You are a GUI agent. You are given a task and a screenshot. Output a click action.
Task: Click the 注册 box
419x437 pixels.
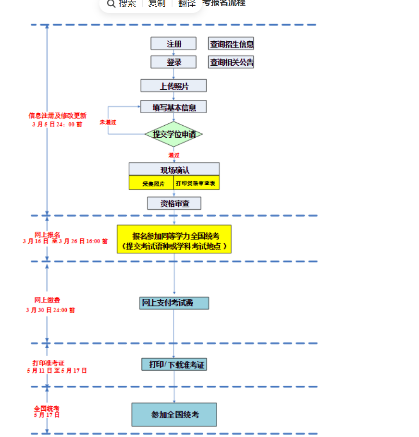(x=173, y=44)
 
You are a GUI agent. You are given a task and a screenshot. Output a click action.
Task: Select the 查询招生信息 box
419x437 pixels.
(x=231, y=44)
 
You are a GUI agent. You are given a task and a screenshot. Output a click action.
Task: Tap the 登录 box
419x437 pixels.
(x=173, y=62)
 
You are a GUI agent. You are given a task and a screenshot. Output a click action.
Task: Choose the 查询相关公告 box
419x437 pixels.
(x=231, y=62)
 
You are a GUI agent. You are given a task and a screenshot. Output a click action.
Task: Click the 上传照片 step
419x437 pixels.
(x=173, y=86)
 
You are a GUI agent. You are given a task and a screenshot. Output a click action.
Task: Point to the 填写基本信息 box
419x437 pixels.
(x=173, y=107)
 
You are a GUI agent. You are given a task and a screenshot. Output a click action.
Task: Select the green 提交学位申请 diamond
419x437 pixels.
(x=173, y=134)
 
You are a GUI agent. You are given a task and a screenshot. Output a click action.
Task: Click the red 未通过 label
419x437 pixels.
(x=108, y=122)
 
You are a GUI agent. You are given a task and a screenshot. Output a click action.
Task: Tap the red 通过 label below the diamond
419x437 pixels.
(x=173, y=155)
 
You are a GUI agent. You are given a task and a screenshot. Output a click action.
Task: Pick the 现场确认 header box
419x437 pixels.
(x=174, y=169)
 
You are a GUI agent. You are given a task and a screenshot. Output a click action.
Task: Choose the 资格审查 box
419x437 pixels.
(x=174, y=204)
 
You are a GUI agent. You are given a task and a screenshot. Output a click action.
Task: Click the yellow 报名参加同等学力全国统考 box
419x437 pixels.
(x=174, y=239)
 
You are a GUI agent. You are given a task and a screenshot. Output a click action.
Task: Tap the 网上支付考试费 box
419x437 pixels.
(x=174, y=303)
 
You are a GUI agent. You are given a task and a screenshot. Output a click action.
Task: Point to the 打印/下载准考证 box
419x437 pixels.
(x=174, y=365)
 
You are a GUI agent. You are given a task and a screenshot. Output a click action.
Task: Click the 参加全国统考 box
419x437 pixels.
(x=174, y=414)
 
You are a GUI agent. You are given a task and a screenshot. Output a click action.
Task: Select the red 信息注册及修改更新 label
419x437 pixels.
(x=57, y=116)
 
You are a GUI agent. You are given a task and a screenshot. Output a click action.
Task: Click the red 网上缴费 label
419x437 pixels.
(x=47, y=300)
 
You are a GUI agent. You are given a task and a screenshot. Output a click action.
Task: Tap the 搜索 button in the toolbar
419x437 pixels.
(x=122, y=4)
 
